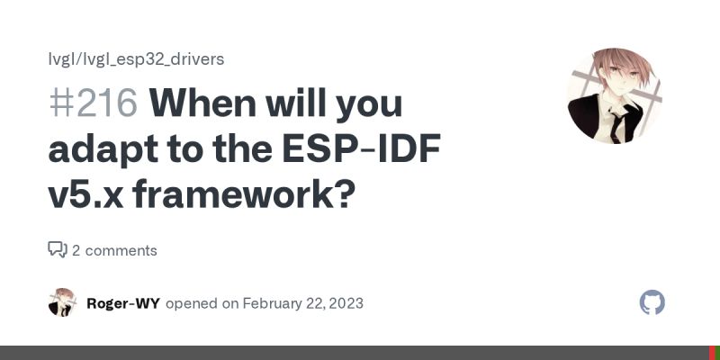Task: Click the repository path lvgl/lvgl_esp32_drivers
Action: coord(136,59)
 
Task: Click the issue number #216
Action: coord(93,104)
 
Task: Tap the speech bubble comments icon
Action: coord(58,249)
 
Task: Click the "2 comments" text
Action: coord(114,250)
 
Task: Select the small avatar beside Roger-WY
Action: coord(62,302)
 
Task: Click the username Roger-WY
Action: coord(123,303)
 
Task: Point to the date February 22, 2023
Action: coord(302,303)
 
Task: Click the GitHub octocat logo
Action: coord(652,302)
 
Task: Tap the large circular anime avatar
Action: coord(615,95)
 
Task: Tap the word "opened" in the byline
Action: coord(192,303)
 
